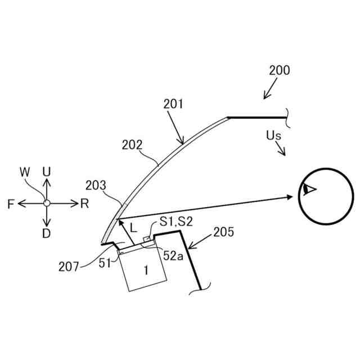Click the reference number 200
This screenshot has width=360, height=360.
(280, 71)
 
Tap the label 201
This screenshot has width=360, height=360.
(174, 104)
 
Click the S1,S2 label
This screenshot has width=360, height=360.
(175, 223)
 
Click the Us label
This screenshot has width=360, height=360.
(274, 136)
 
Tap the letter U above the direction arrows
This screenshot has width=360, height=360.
(47, 170)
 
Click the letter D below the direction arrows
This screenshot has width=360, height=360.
(47, 234)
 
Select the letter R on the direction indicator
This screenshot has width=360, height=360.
(84, 204)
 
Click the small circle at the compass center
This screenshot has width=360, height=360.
(47, 202)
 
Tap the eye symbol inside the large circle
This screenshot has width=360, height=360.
(307, 190)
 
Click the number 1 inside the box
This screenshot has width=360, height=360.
(146, 271)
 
